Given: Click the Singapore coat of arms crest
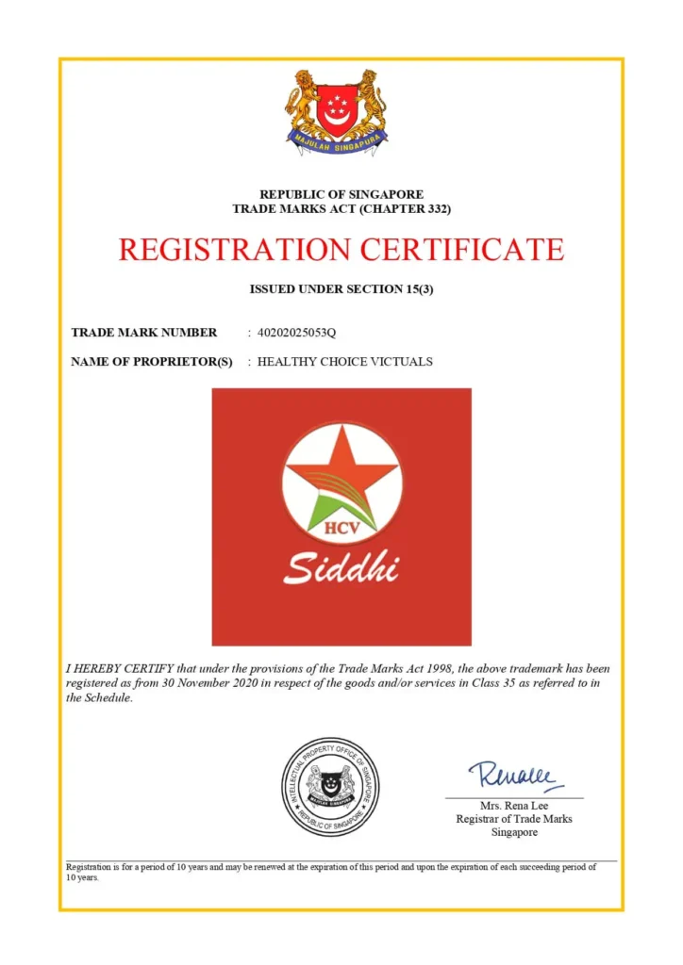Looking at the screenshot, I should [x=337, y=111].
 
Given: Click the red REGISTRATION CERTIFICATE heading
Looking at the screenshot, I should [x=341, y=250].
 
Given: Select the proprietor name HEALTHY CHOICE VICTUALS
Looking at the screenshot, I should [x=345, y=361].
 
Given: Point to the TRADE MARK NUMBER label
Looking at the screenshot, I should [x=143, y=332].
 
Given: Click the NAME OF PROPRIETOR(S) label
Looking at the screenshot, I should [x=151, y=361].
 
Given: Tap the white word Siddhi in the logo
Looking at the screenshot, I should [x=341, y=568].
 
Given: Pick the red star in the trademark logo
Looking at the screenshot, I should [x=341, y=476].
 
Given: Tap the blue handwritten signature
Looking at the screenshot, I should [x=515, y=776].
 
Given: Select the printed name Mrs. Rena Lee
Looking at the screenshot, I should [x=514, y=806].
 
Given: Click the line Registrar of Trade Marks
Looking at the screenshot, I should [x=514, y=819].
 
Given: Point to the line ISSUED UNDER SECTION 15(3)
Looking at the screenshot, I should [x=341, y=289].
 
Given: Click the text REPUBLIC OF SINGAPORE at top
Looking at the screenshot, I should [x=341, y=194].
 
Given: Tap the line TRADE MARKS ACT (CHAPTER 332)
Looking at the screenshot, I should [x=341, y=207].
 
